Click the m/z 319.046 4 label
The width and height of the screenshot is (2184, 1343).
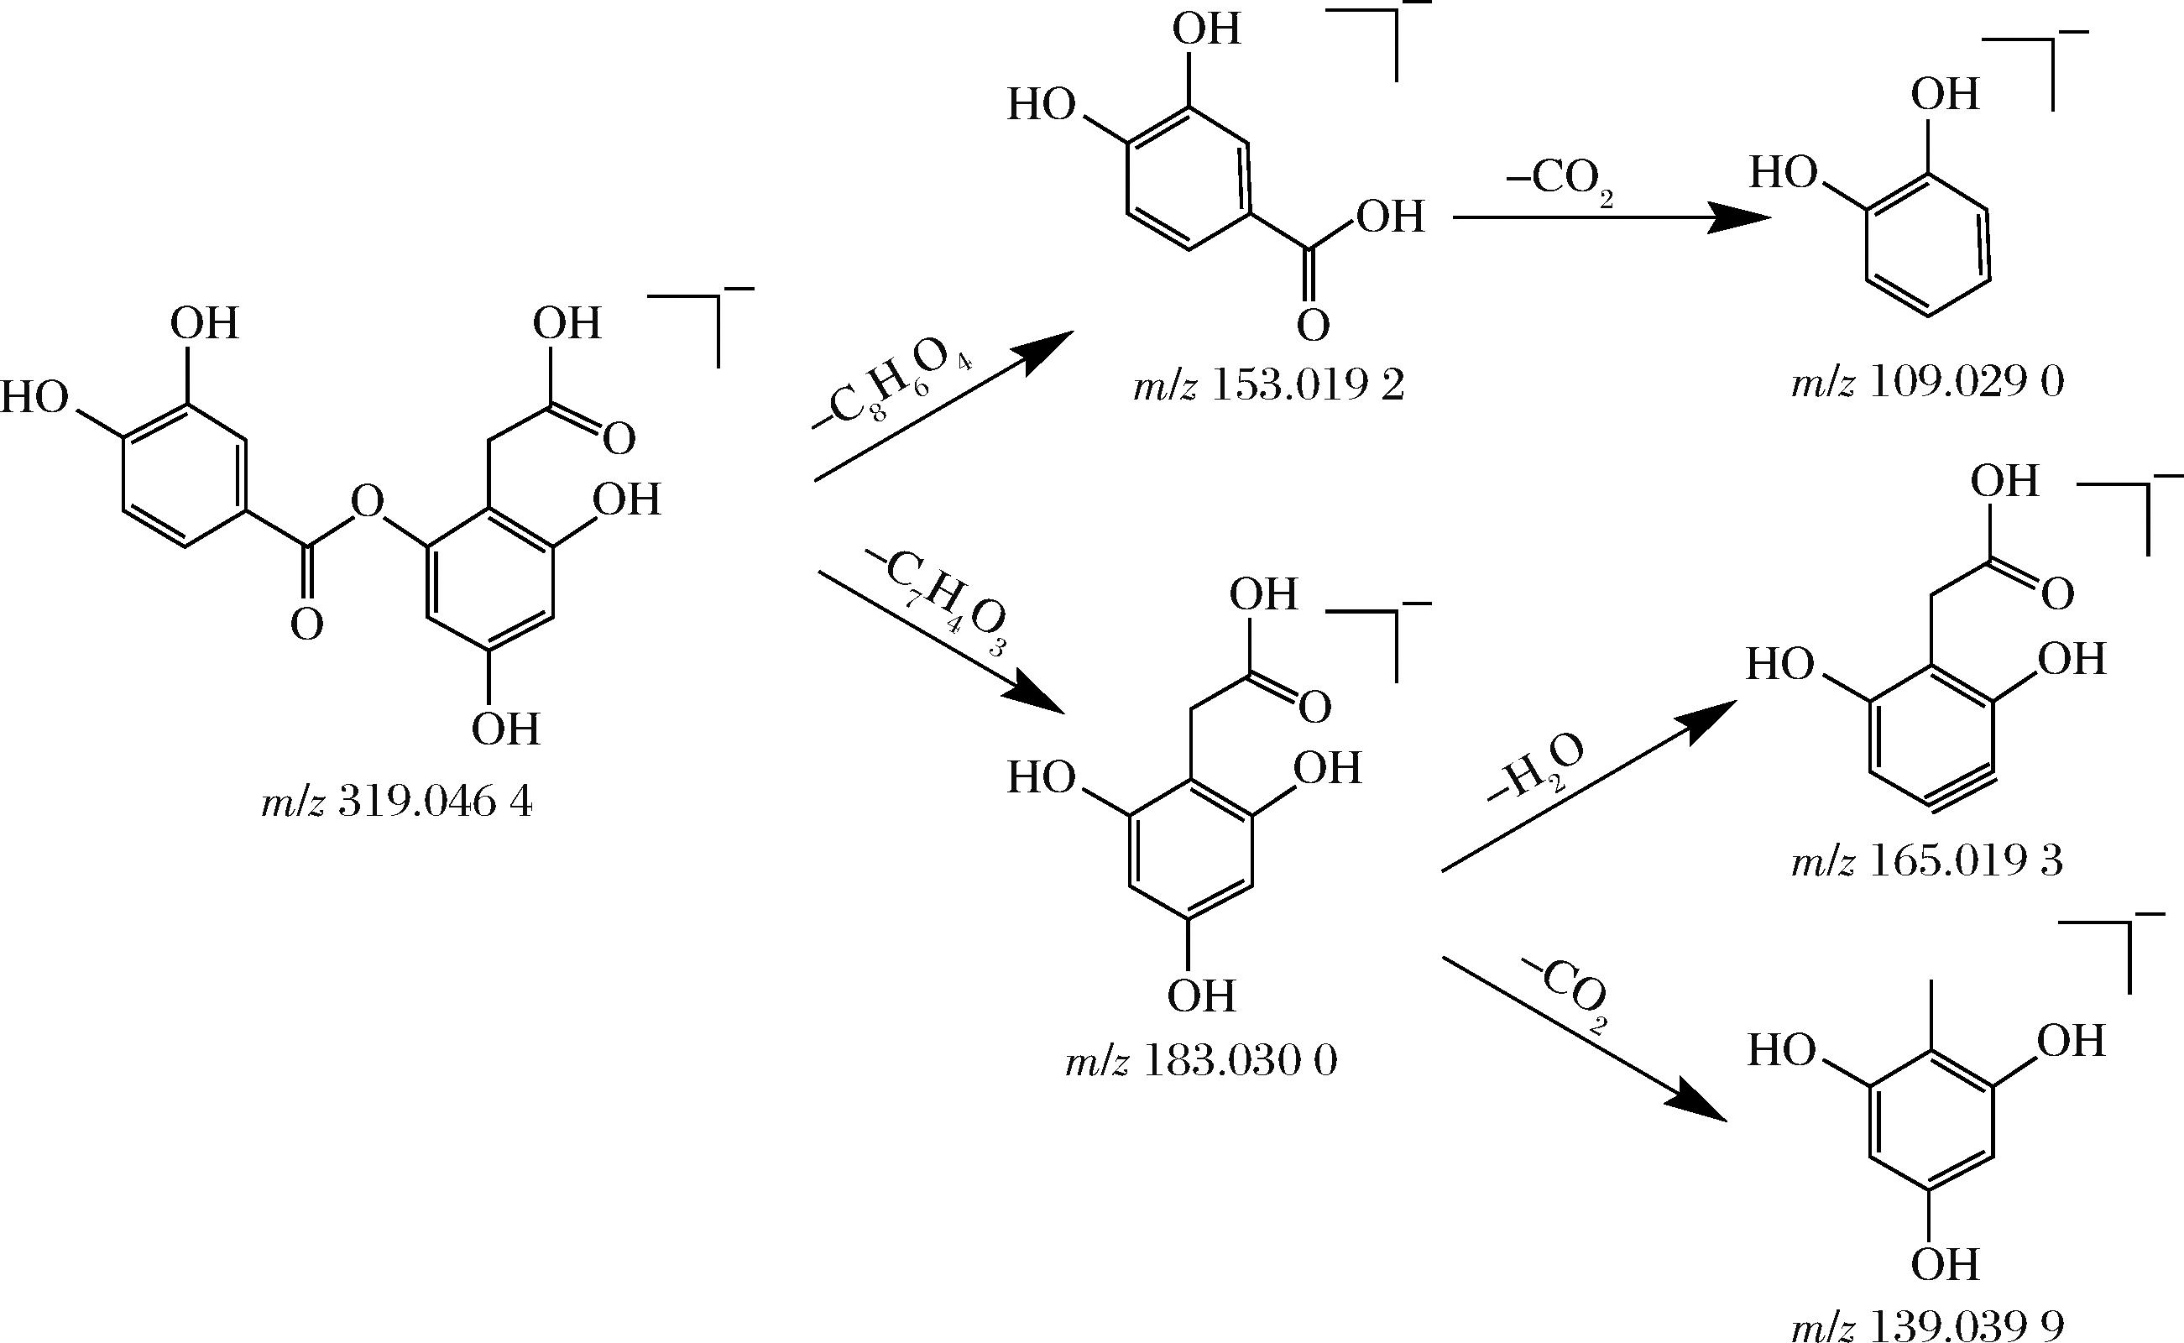[397, 804]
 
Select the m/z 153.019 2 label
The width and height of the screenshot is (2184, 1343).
[1269, 387]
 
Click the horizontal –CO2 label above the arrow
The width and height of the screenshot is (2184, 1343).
[1560, 182]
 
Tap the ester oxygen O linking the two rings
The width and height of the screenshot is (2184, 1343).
[367, 504]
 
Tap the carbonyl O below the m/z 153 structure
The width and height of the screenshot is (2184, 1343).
[1313, 326]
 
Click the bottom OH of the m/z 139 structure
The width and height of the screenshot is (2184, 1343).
[1945, 1265]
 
